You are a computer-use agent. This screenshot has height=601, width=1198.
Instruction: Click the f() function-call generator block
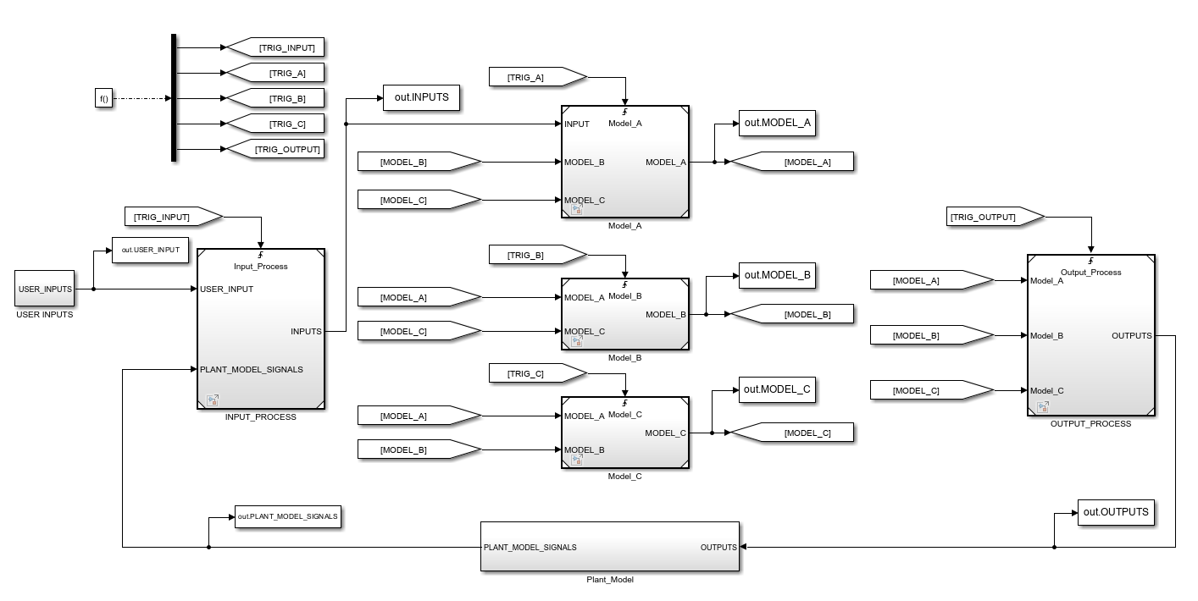pyautogui.click(x=103, y=98)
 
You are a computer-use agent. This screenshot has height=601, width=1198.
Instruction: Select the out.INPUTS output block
pyautogui.click(x=421, y=97)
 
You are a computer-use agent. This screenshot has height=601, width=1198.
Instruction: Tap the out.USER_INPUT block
pyautogui.click(x=150, y=250)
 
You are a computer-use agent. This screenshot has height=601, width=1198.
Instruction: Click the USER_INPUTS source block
pyautogui.click(x=44, y=289)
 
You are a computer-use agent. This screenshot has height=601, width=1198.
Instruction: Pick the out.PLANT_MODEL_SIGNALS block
pyautogui.click(x=288, y=516)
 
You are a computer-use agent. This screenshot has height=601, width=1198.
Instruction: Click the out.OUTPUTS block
pyautogui.click(x=1116, y=512)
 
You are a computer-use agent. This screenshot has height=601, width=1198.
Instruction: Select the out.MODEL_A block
pyautogui.click(x=777, y=123)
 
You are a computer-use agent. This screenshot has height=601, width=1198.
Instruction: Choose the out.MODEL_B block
pyautogui.click(x=777, y=275)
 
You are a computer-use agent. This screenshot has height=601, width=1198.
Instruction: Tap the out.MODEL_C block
pyautogui.click(x=777, y=389)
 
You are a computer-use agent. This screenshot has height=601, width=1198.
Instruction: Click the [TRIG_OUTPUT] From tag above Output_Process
pyautogui.click(x=996, y=217)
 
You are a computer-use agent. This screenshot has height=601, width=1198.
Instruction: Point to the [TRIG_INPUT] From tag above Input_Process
pyautogui.click(x=174, y=217)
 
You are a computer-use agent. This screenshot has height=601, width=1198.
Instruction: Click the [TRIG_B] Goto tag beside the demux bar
pyautogui.click(x=275, y=98)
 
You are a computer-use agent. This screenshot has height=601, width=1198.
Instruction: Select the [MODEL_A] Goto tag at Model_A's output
pyautogui.click(x=792, y=162)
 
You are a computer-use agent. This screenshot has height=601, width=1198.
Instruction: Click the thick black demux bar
pyautogui.click(x=174, y=97)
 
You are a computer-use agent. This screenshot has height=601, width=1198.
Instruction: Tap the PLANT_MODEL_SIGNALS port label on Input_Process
pyautogui.click(x=252, y=370)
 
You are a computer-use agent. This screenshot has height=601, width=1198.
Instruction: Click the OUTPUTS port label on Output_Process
pyautogui.click(x=1132, y=335)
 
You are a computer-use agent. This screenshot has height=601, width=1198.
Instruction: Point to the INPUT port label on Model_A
pyautogui.click(x=576, y=124)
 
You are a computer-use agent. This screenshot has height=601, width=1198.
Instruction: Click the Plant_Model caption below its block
pyautogui.click(x=610, y=580)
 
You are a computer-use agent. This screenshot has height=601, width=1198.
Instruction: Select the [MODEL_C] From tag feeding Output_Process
pyautogui.click(x=932, y=390)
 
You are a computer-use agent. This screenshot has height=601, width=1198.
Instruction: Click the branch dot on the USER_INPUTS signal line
pyautogui.click(x=93, y=289)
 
